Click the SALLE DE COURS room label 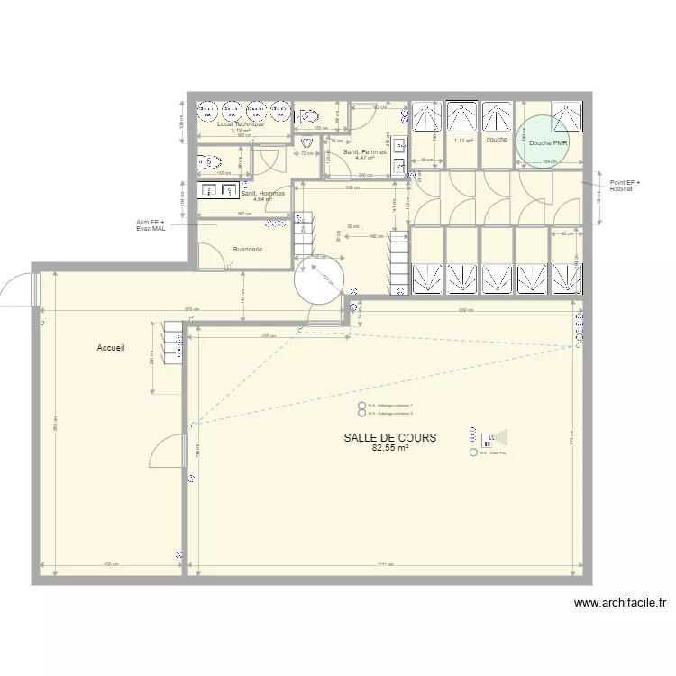click(389, 437)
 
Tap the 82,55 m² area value click(389, 447)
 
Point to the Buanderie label click(248, 249)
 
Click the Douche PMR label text click(548, 143)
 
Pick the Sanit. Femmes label click(365, 152)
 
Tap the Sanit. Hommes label click(263, 194)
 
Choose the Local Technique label click(241, 123)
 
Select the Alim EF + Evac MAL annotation click(151, 225)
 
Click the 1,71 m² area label click(463, 141)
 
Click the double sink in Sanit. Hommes click(215, 190)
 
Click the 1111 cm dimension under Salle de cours click(386, 565)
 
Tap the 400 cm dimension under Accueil click(111, 565)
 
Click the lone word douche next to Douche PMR click(497, 140)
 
